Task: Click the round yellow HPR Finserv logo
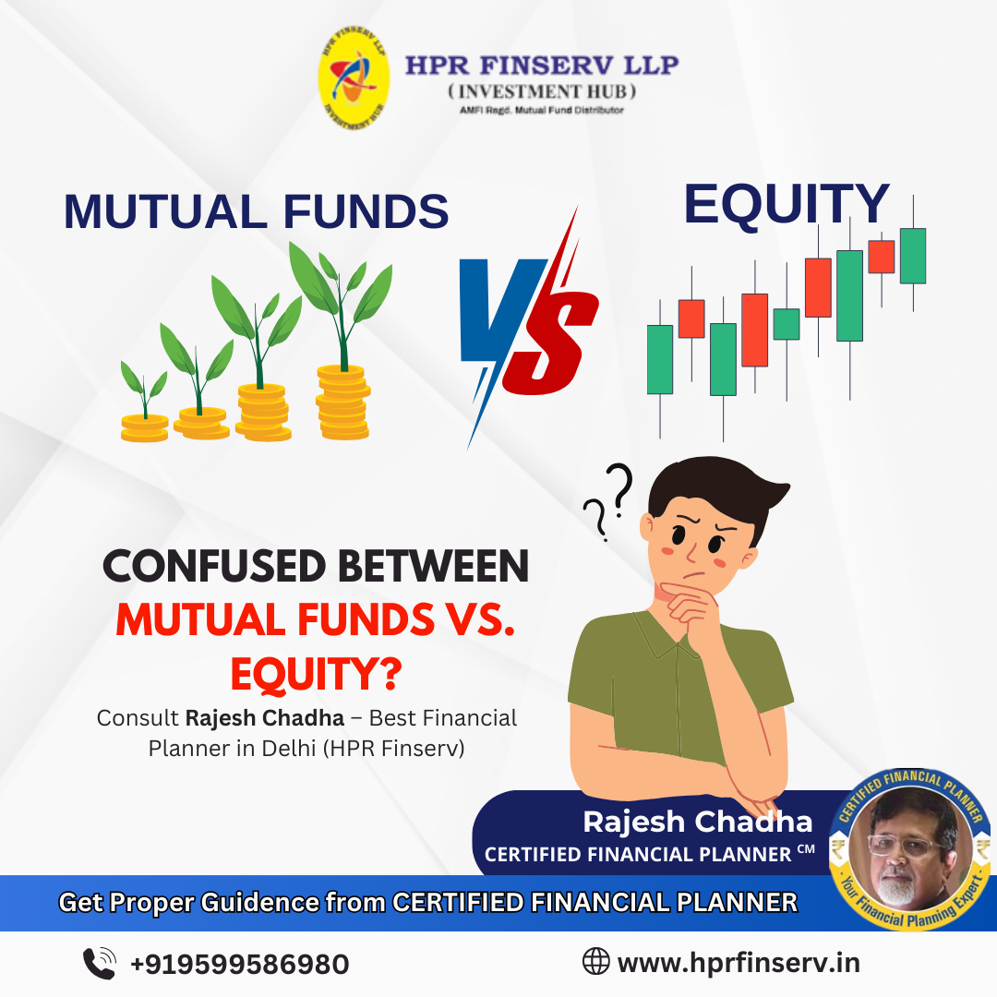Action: coord(354,78)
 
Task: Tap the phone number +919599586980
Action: coord(240,964)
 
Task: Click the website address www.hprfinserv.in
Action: coord(739,963)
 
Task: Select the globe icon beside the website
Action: coord(595,961)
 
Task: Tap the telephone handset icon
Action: coord(100,963)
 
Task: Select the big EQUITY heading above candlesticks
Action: coord(787,204)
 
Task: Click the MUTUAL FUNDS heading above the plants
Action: coord(257,211)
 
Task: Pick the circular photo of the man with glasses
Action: coord(910,848)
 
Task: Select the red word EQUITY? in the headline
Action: coord(316,674)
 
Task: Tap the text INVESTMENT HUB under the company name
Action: coord(543,91)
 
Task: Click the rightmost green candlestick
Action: coord(913,255)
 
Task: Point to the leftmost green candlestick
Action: coord(660,360)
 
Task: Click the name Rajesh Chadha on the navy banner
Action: coord(698,822)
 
